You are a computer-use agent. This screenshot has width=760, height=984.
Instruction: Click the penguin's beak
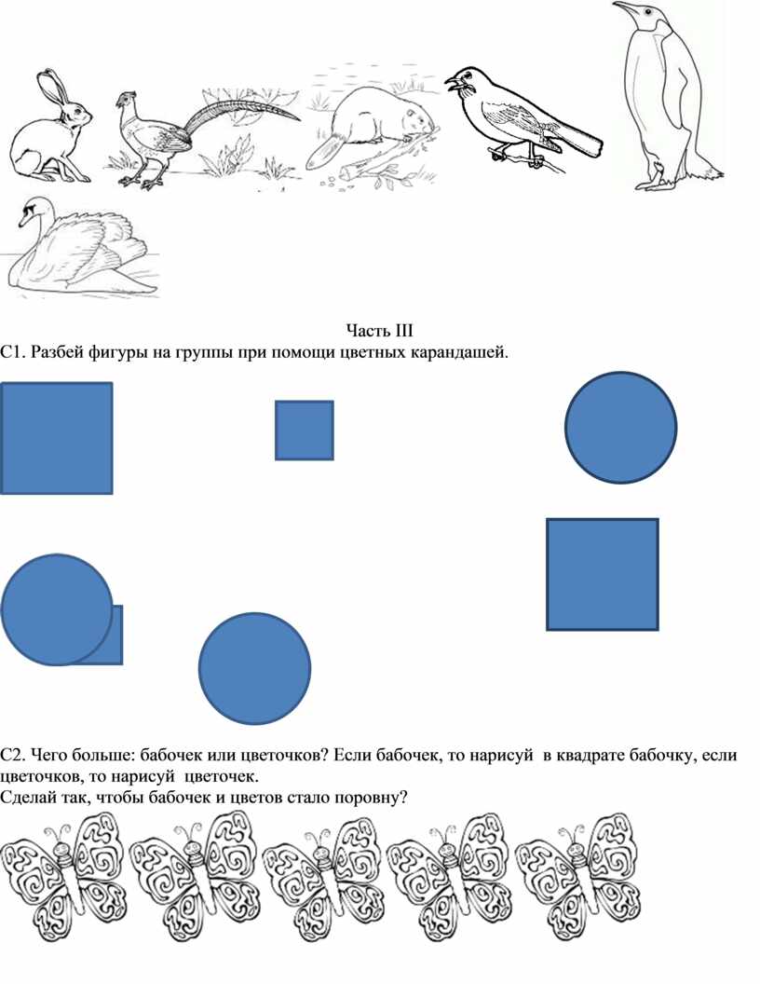[625, 8]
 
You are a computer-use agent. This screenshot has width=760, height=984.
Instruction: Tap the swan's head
[32, 211]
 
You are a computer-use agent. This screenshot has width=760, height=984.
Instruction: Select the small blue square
[305, 430]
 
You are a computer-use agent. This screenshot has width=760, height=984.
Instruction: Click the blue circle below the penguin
[621, 428]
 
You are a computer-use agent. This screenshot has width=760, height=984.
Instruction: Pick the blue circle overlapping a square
[57, 609]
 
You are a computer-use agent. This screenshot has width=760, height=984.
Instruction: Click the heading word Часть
[368, 331]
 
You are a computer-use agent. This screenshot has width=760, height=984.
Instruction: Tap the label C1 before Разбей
[12, 352]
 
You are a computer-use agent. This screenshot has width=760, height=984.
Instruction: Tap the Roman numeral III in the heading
[404, 331]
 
